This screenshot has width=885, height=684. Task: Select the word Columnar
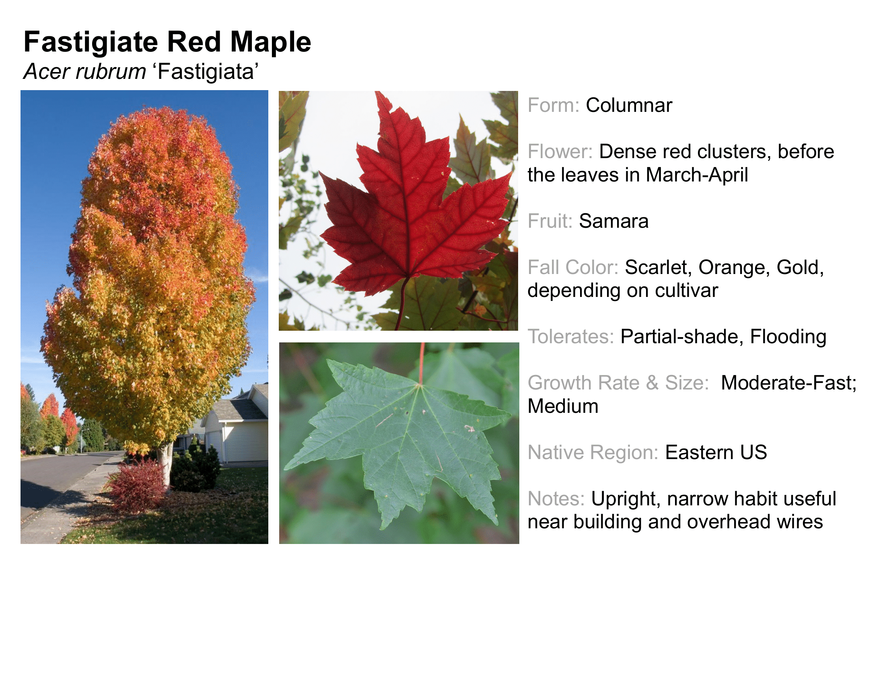629,105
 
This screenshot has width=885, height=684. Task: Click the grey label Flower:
560,152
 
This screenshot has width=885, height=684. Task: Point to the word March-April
697,175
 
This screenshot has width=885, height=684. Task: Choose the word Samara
613,221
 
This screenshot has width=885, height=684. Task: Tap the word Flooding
788,337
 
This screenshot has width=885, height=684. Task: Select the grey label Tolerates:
571,337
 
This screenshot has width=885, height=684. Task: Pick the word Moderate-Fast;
789,383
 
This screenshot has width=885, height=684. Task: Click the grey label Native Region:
593,452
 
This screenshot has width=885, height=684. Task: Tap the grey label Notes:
556,499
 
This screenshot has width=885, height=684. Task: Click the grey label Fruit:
550,221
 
